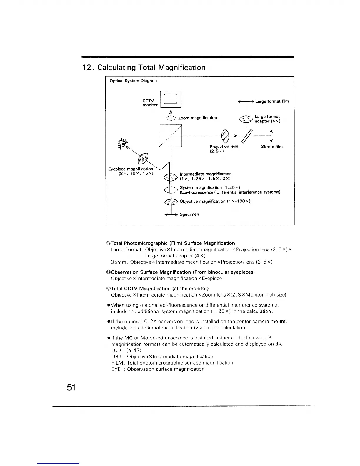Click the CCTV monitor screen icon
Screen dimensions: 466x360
pyautogui.click(x=171, y=99)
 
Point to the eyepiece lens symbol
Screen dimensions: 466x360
pyautogui.click(x=143, y=159)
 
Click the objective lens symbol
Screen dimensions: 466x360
pyautogui.click(x=171, y=202)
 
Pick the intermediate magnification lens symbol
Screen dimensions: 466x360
pyautogui.click(x=171, y=177)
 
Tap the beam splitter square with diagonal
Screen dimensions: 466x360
pyautogui.click(x=171, y=136)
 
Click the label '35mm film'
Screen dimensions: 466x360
pyautogui.click(x=272, y=147)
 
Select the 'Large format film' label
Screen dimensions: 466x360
pyautogui.click(x=272, y=101)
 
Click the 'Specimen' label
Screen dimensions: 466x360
pyautogui.click(x=189, y=214)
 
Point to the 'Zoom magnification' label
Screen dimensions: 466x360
pyautogui.click(x=197, y=118)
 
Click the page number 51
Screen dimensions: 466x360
pyautogui.click(x=71, y=387)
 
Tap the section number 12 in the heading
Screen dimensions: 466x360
pyautogui.click(x=87, y=68)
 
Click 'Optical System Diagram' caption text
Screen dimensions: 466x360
pyautogui.click(x=133, y=81)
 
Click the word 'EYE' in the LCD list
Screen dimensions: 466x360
pyautogui.click(x=116, y=369)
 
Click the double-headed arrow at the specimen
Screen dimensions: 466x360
pyautogui.click(x=171, y=215)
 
